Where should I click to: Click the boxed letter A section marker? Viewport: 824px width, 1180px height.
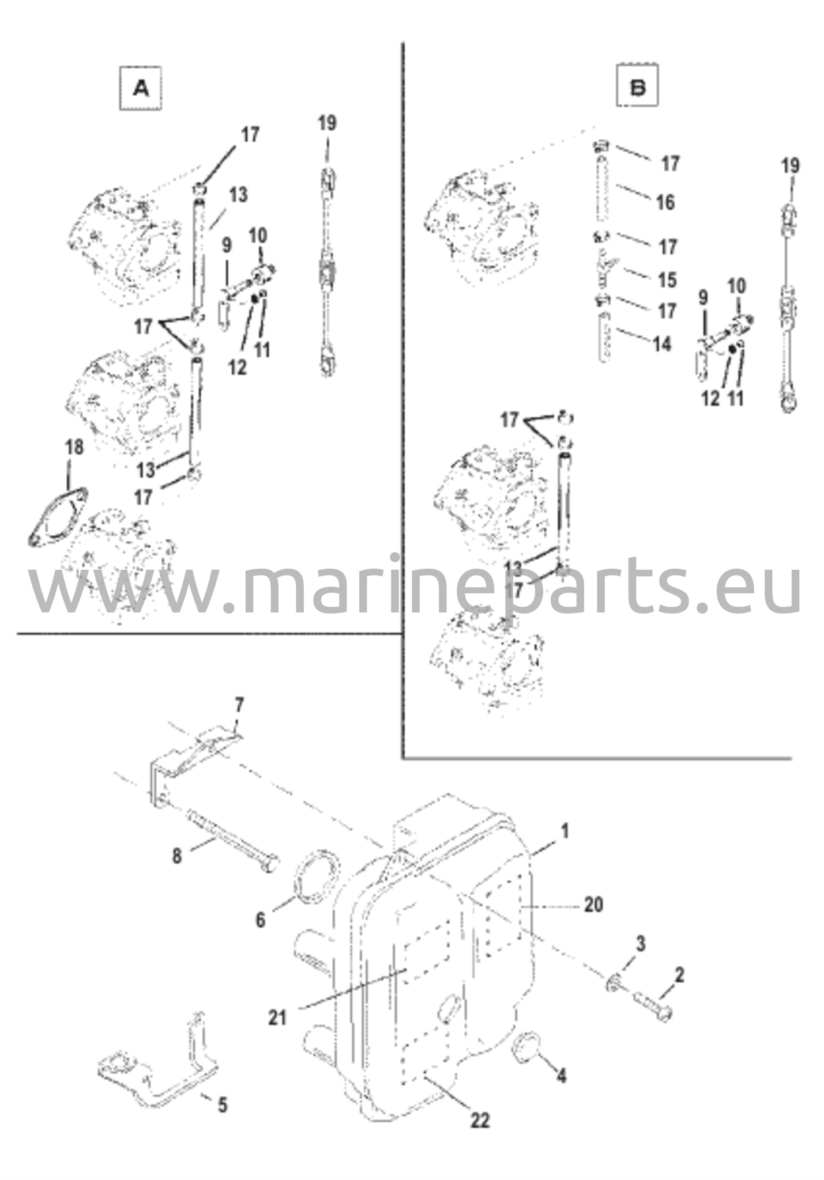140,88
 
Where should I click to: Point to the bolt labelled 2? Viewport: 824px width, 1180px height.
654,1006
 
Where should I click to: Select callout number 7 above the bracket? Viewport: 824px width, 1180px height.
239,705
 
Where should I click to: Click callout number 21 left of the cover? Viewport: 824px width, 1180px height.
277,1018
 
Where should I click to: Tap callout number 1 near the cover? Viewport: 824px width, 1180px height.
565,830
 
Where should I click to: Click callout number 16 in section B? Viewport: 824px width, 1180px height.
665,202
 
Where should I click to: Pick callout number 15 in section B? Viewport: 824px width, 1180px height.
667,280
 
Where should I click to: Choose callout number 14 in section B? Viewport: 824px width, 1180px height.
662,344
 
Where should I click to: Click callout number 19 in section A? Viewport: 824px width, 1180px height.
327,123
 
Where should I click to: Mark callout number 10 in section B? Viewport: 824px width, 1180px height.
736,286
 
